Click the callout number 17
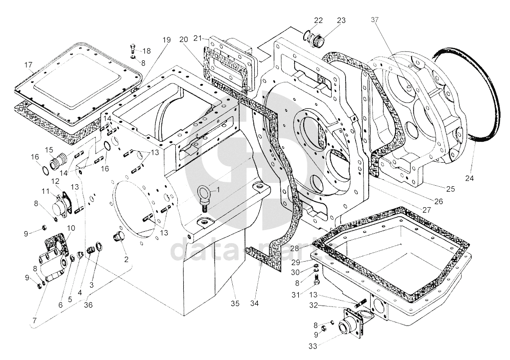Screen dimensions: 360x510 [28, 64]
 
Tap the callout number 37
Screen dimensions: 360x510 [375, 20]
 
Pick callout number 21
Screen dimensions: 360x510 [198, 38]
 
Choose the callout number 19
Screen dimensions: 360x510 [166, 39]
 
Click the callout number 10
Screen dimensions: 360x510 [71, 228]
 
